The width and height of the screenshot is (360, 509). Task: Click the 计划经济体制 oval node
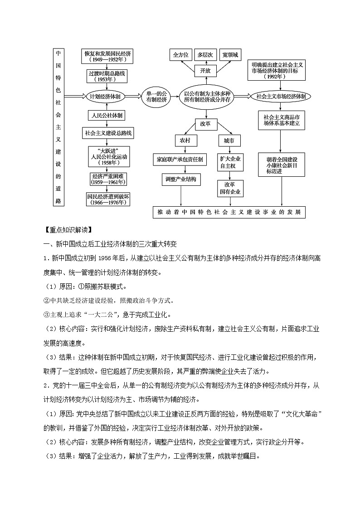click(x=105, y=97)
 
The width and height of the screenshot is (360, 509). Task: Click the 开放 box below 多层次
click(x=205, y=71)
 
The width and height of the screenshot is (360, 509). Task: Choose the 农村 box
click(x=185, y=141)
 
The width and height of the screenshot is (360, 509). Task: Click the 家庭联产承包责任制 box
click(x=180, y=159)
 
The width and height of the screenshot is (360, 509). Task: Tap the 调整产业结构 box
click(x=180, y=179)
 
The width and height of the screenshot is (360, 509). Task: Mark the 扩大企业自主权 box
click(x=230, y=163)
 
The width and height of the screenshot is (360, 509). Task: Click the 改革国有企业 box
click(x=230, y=188)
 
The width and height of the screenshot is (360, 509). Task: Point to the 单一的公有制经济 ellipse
click(x=156, y=97)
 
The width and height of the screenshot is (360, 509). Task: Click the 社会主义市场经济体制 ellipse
click(x=281, y=97)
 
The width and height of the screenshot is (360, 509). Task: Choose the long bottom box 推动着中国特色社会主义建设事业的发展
click(x=229, y=212)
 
